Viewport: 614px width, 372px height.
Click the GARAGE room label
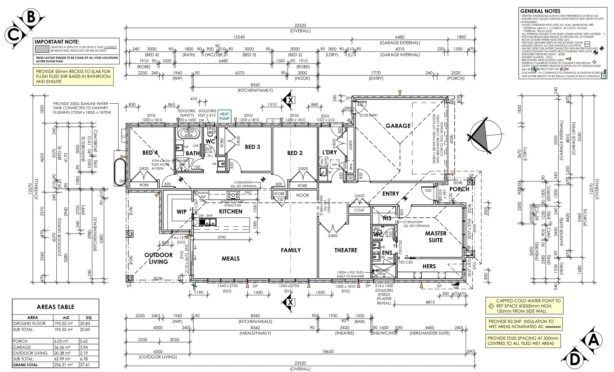click(x=398, y=126)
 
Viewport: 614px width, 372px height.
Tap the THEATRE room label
click(x=346, y=250)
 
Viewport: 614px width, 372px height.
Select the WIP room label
click(x=181, y=212)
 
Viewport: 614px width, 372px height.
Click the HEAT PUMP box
click(x=224, y=116)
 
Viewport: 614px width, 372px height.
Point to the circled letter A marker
click(x=593, y=340)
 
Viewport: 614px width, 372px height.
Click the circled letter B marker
click(x=31, y=17)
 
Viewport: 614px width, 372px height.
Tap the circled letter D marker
click(x=574, y=360)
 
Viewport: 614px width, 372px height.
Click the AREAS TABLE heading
click(x=55, y=307)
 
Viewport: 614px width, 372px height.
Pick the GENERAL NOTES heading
click(x=540, y=11)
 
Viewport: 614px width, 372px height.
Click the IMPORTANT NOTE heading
click(x=57, y=42)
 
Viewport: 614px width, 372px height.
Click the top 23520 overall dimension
click(x=300, y=25)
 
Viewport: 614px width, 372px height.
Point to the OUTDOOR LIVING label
click(x=158, y=258)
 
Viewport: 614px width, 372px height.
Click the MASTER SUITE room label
click(x=435, y=237)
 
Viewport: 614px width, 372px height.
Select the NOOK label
click(x=302, y=195)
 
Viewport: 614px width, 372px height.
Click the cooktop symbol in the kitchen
click(x=233, y=195)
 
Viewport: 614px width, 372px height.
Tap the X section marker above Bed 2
click(x=290, y=100)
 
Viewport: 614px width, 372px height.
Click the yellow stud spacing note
click(x=523, y=340)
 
